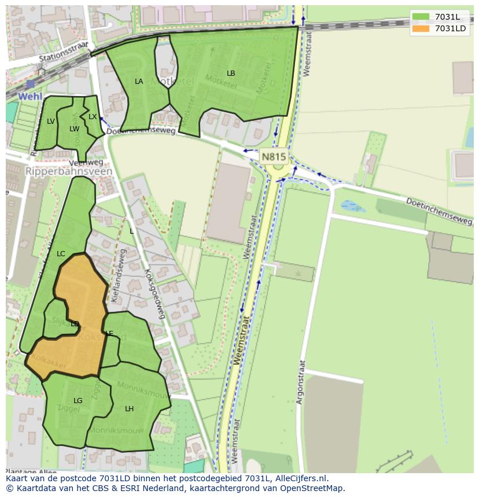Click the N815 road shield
(x=274, y=157)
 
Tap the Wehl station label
(x=30, y=97)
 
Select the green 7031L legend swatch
(x=421, y=16)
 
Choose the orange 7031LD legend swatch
(x=421, y=28)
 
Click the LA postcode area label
(x=139, y=82)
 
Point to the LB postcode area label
(x=231, y=73)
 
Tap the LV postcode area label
(x=51, y=121)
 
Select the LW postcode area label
(x=74, y=129)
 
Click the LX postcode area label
(x=93, y=117)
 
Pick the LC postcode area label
(x=61, y=254)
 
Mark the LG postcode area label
(x=78, y=401)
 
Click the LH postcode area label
(x=129, y=409)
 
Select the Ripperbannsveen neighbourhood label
(x=69, y=172)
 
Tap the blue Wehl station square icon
(x=30, y=84)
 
